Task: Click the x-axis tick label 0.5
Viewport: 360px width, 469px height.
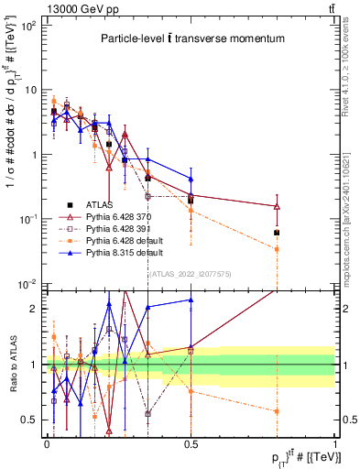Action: click(x=191, y=442)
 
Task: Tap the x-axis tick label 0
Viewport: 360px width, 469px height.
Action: click(x=47, y=442)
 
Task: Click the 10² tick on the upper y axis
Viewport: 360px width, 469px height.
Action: click(x=28, y=26)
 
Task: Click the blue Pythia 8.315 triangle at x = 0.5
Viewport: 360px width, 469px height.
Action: click(x=191, y=179)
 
